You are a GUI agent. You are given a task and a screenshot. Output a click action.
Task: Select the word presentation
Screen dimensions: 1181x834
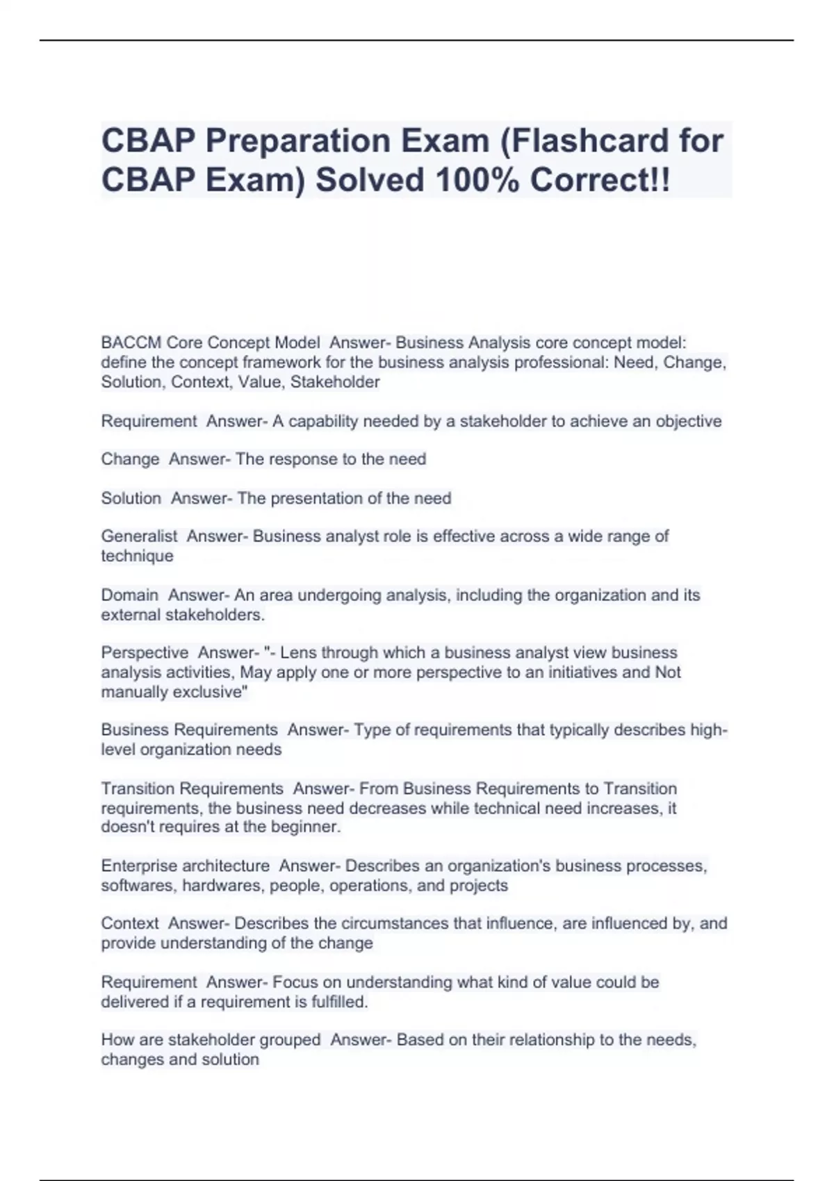coord(318,498)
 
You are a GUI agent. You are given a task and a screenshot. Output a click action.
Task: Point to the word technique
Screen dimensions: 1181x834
coord(137,556)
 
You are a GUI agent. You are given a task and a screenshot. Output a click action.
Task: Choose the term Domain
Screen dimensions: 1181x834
coord(130,595)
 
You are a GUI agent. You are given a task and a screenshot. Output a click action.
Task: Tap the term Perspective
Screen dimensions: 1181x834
coord(145,653)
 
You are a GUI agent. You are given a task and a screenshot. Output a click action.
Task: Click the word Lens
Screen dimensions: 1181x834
coord(298,653)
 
